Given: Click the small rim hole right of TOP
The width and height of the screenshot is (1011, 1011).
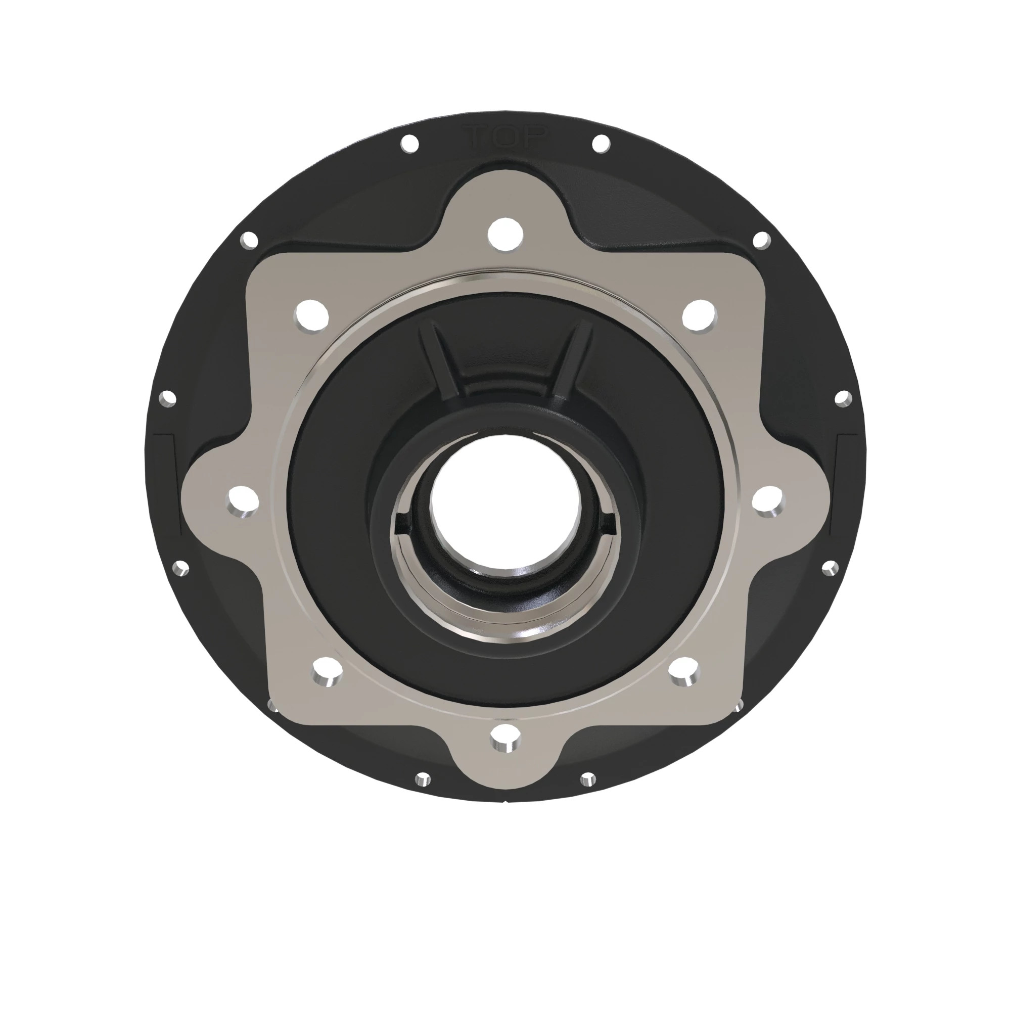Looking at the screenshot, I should (x=601, y=143).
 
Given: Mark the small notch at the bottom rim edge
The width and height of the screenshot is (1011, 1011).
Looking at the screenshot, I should (x=505, y=800).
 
